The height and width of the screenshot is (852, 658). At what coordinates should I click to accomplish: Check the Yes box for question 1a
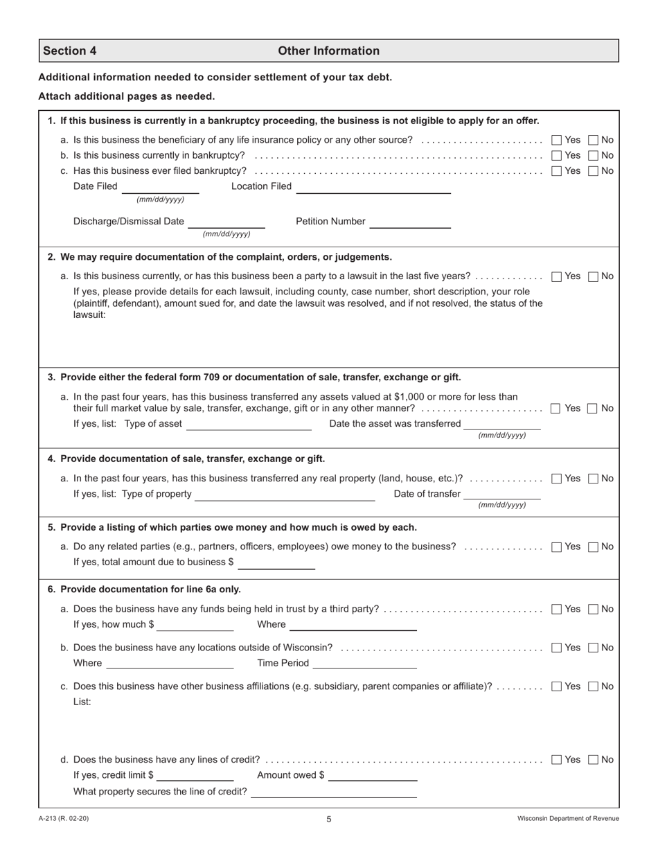[x=556, y=140]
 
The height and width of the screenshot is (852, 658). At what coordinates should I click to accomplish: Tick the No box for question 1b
[x=593, y=155]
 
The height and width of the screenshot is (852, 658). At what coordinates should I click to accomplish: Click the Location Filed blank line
[x=374, y=188]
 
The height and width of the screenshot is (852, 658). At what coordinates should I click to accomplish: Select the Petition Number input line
[x=410, y=223]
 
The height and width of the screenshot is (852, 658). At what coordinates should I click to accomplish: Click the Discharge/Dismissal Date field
[x=226, y=223]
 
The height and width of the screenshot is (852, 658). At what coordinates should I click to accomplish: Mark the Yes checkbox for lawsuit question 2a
[x=556, y=276]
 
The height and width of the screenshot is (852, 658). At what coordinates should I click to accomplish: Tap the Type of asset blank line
[x=249, y=425]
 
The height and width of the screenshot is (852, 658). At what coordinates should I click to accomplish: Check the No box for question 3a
[x=593, y=409]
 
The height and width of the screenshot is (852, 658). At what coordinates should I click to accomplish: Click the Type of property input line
[x=285, y=495]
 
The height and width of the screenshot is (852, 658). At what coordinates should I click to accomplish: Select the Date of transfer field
[x=501, y=495]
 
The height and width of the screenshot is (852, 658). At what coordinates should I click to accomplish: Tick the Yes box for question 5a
[x=556, y=547]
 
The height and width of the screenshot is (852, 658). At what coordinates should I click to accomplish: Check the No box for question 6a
[x=593, y=610]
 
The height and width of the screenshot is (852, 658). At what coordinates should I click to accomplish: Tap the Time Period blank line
[x=365, y=664]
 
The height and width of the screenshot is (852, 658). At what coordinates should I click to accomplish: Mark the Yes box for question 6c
[x=556, y=687]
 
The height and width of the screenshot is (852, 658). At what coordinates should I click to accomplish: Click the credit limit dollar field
[x=195, y=776]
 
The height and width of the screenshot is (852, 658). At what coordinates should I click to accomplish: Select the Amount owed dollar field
[x=373, y=776]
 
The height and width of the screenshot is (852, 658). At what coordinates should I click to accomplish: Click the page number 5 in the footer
[x=329, y=819]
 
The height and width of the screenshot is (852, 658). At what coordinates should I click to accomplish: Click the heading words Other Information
[x=328, y=51]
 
